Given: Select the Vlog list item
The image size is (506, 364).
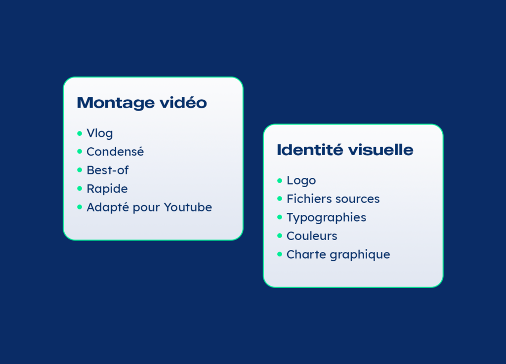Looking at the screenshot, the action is (100, 133).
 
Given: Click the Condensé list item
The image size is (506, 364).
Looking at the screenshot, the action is (115, 151).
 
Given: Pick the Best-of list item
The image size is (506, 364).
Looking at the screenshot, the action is (108, 170).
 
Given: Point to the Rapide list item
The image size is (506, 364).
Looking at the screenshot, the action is (107, 189).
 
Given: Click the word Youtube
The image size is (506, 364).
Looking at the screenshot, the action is (188, 207).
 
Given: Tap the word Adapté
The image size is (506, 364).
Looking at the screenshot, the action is (108, 207).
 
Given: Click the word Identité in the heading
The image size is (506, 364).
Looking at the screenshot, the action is (310, 150).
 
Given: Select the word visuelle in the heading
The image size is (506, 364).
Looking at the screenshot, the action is (381, 150).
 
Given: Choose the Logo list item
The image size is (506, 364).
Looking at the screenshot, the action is (301, 181).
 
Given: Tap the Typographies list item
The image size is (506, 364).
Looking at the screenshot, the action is (326, 218).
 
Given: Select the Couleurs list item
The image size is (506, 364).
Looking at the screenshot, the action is (312, 236).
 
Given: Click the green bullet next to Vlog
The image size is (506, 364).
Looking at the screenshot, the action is (80, 133).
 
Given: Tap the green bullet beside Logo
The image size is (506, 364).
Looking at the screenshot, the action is (280, 181).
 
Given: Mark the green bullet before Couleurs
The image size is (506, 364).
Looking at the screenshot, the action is (280, 236).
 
